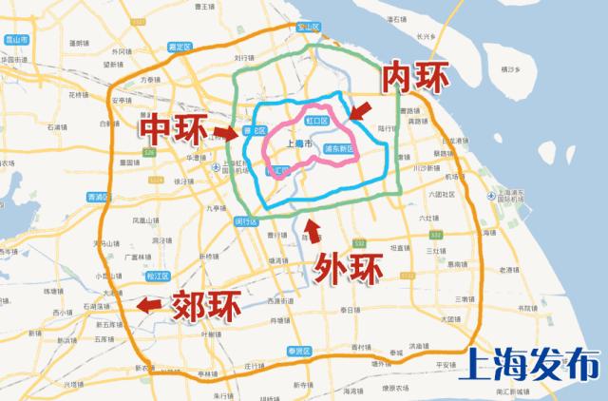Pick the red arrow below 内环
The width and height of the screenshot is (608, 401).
[x=360, y=112]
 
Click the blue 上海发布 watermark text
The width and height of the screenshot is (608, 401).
[x=534, y=366]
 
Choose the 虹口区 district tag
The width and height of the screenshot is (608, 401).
[x=316, y=122]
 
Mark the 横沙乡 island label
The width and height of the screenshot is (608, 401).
[x=541, y=70]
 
